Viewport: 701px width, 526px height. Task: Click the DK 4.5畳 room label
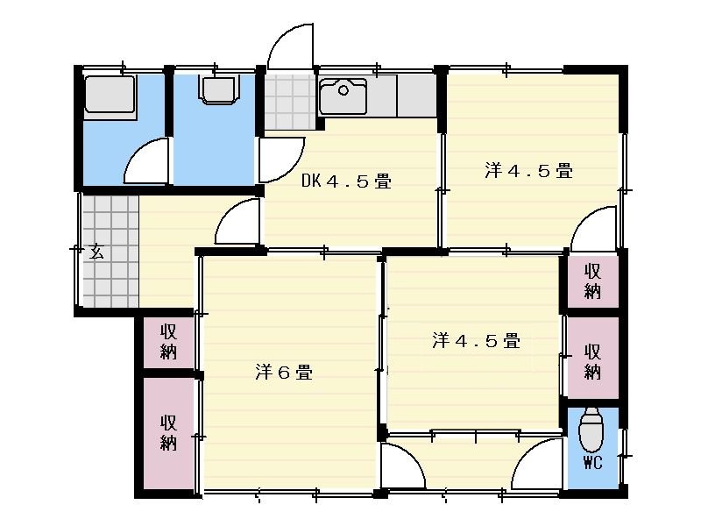(x=346, y=181)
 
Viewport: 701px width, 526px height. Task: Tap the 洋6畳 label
(x=284, y=372)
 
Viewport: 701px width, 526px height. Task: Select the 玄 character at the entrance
(x=96, y=252)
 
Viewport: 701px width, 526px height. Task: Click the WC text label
(x=593, y=463)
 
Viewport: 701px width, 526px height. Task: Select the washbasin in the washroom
(x=219, y=90)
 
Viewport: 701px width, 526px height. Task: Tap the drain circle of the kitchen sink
(x=343, y=90)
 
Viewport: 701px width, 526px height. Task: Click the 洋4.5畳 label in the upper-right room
(x=529, y=170)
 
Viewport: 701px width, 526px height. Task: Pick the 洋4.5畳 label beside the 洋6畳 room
(x=476, y=340)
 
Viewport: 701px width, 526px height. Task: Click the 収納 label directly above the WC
(x=592, y=361)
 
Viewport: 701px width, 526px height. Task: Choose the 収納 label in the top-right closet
(x=592, y=281)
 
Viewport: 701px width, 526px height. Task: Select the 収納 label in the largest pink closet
(x=168, y=432)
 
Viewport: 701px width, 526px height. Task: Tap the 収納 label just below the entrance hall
(x=168, y=342)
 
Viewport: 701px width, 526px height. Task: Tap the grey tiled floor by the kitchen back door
(x=290, y=102)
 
